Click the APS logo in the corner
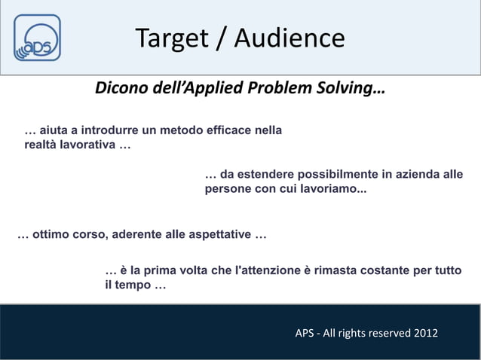[x=37, y=38]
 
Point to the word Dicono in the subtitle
[x=118, y=90]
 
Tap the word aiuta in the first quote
[x=54, y=131]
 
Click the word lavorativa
[x=81, y=145]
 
